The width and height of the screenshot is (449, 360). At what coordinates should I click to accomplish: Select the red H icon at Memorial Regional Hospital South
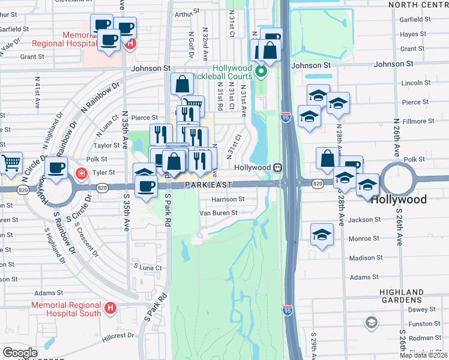pyautogui.click(x=110, y=308)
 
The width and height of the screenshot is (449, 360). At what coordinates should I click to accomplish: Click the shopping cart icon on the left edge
pyautogui.click(x=10, y=163)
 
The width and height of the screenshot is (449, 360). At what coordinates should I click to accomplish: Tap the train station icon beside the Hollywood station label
pyautogui.click(x=278, y=167)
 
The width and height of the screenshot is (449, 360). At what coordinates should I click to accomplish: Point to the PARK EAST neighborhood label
pyautogui.click(x=209, y=186)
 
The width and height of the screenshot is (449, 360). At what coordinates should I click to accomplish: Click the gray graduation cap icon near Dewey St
pyautogui.click(x=372, y=323)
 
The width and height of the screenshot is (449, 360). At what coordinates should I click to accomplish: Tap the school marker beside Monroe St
pyautogui.click(x=322, y=235)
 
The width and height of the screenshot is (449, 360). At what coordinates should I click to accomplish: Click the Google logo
pyautogui.click(x=19, y=353)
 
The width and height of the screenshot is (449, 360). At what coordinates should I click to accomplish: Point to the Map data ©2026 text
pyautogui.click(x=424, y=355)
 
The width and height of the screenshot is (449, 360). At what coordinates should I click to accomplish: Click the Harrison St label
pyautogui.click(x=228, y=199)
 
